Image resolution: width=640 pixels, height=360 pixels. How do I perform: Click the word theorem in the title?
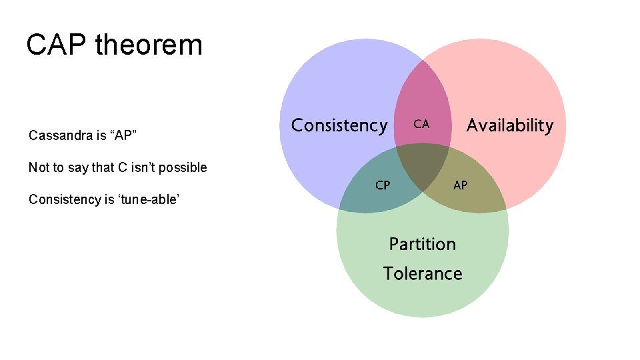coord(149,45)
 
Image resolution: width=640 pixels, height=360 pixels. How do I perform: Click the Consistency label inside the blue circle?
coord(339,125)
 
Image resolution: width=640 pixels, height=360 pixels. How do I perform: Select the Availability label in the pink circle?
coord(510,125)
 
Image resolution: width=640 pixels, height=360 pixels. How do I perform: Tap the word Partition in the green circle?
coord(423,244)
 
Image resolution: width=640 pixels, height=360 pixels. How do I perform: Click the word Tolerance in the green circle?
coord(423,273)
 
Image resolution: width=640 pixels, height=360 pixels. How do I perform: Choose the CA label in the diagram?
coord(421,124)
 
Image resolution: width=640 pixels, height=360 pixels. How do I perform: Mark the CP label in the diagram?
coord(383,185)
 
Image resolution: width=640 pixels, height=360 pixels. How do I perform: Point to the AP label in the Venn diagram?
coord(460,185)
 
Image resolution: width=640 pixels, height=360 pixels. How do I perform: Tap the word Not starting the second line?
coord(37,167)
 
